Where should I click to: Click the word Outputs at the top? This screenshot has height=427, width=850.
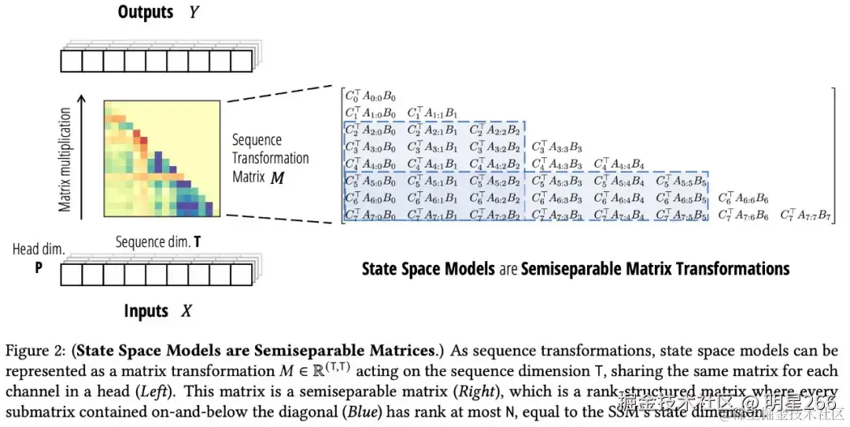(x=146, y=13)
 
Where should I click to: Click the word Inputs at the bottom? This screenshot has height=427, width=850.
(x=146, y=311)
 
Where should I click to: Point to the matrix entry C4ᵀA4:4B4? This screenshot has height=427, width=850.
(x=619, y=164)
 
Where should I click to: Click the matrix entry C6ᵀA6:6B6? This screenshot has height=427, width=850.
(x=744, y=198)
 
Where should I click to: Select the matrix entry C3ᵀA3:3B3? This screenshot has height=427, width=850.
(x=557, y=146)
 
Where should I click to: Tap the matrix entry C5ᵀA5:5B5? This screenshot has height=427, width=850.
(x=682, y=181)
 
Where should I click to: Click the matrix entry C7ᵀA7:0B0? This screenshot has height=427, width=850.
(x=371, y=215)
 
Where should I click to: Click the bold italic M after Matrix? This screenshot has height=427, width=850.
(x=278, y=178)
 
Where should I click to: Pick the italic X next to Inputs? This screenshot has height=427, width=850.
(x=187, y=311)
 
